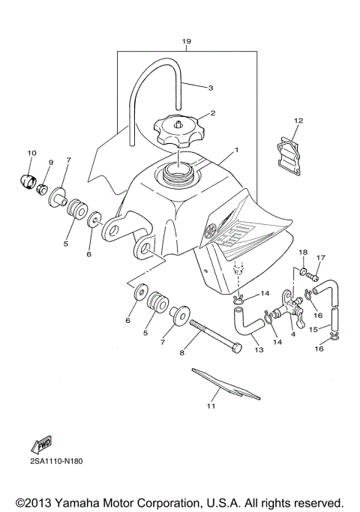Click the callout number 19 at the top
186,41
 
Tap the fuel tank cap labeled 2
178,133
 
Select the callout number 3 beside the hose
211,88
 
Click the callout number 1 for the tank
238,149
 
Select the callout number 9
51,163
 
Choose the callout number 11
211,407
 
